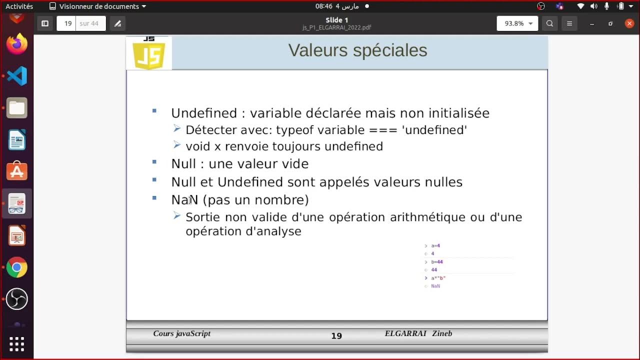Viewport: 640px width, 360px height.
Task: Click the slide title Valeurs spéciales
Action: (x=357, y=50)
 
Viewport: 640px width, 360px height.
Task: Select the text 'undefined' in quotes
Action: (x=434, y=130)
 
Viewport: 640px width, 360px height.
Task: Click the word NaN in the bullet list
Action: (x=184, y=200)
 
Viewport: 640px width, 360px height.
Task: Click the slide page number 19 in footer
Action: (x=336, y=336)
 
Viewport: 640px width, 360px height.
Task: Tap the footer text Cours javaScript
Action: (x=181, y=333)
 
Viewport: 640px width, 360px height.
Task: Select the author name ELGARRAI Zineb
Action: (x=418, y=333)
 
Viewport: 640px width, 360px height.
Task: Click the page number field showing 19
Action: (x=67, y=23)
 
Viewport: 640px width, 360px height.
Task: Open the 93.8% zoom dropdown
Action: (x=517, y=23)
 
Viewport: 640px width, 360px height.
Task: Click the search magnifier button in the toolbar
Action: (x=549, y=23)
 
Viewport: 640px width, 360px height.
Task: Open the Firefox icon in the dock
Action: (x=16, y=44)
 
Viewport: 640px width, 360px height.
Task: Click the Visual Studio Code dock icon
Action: (x=16, y=76)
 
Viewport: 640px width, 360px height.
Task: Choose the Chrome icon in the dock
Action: (x=16, y=267)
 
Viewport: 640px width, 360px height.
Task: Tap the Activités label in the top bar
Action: (x=19, y=6)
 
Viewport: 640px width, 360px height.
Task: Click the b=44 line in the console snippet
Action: (x=436, y=262)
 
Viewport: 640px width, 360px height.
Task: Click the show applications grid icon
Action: (x=16, y=343)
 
